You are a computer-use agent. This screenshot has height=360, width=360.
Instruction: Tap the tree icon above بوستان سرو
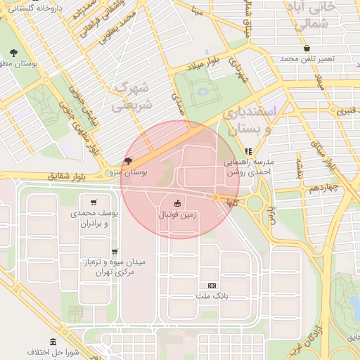pos(127,161)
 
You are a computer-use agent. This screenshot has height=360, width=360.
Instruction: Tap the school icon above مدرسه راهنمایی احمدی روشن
pos(248,150)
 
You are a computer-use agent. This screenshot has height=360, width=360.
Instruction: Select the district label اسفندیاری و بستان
pos(251,121)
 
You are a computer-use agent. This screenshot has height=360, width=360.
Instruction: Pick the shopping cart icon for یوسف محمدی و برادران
pos(94,202)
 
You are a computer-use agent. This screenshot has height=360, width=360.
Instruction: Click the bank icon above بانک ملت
pos(212,285)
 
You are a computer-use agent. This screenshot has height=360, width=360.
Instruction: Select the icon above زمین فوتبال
pos(177,204)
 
